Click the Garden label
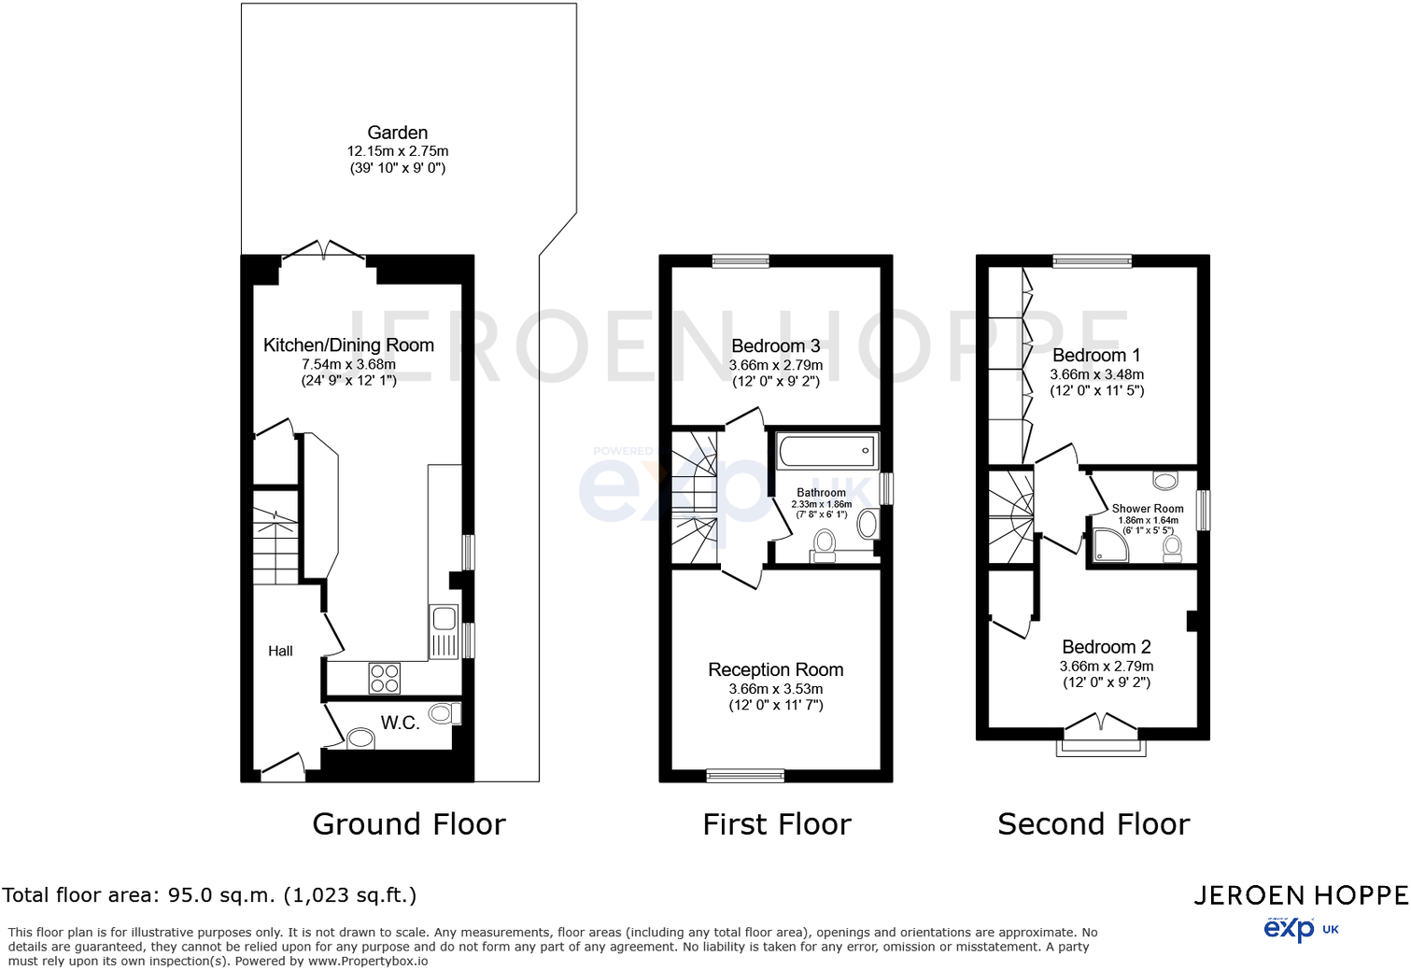coord(398,133)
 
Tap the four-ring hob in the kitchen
coord(384,679)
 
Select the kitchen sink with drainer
coord(444,632)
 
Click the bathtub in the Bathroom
coord(827,450)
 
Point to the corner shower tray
coord(1110,545)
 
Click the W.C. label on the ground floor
coord(400,723)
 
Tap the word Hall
coord(280,652)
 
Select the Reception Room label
coord(775,669)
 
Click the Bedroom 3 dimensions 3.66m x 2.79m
coord(775,365)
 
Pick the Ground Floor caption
coord(409,823)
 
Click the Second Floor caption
coord(1094,823)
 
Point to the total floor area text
coord(209,895)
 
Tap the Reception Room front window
coord(745,776)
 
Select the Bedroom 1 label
coord(1096,356)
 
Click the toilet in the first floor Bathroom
coord(824,545)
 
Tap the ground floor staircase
coord(275,545)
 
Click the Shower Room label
coord(1147,508)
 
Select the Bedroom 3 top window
coord(741,260)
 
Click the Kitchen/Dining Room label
coord(348,345)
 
